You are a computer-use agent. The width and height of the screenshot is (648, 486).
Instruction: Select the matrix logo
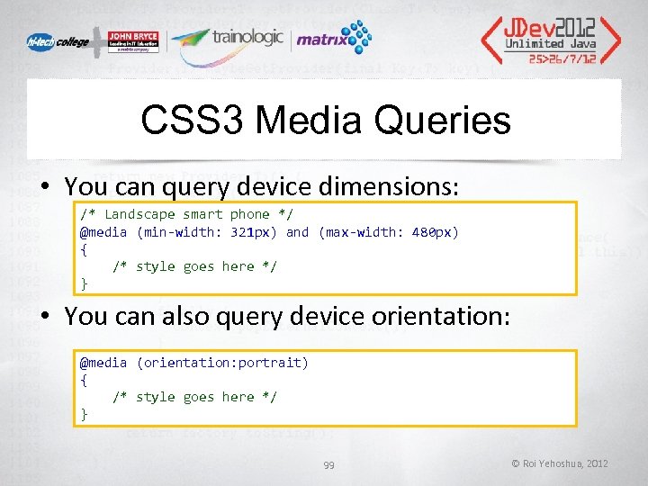[333, 39]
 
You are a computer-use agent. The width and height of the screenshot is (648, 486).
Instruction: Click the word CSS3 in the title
[193, 121]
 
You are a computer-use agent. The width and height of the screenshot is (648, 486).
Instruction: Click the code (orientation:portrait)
[222, 363]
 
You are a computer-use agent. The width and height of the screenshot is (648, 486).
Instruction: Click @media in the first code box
[103, 232]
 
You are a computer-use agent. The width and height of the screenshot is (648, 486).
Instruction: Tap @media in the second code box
[103, 363]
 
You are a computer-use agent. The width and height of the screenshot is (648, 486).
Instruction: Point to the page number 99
[329, 463]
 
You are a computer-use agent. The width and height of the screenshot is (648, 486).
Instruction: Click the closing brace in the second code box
[85, 414]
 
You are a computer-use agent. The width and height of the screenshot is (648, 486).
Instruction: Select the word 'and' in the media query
[297, 232]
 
